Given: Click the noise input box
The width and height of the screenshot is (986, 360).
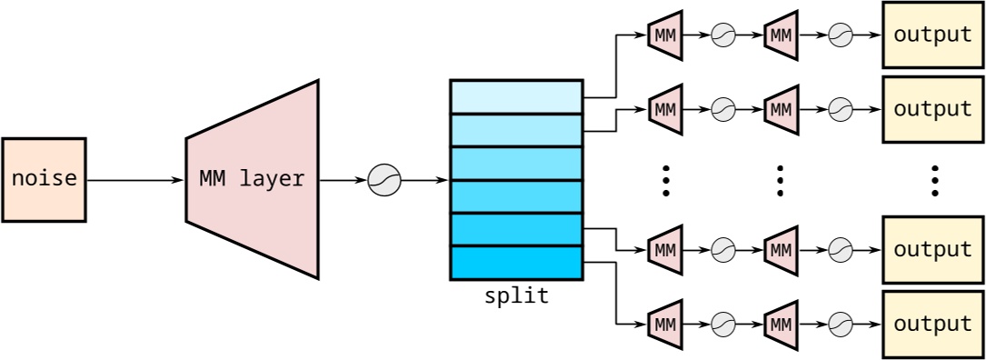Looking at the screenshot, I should [44, 180].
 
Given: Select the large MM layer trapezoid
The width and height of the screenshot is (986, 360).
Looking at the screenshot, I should [253, 180].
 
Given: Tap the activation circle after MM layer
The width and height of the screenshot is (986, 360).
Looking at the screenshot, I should [384, 180].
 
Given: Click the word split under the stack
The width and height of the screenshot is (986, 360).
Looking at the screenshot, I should [516, 296].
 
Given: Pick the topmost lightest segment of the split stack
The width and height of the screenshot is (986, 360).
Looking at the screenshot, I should [516, 97].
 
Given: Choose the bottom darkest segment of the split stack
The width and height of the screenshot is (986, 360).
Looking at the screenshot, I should [516, 263].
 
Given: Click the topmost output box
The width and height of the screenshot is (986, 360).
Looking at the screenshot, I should [933, 35].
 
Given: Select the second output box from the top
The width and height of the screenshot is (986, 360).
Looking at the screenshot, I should [933, 109].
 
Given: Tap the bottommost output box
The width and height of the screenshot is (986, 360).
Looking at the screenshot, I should [933, 324].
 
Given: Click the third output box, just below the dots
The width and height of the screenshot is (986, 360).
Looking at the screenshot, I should [933, 249].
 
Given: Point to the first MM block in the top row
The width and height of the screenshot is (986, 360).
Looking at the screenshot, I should [665, 35].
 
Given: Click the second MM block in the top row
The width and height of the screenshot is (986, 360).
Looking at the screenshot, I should [781, 35].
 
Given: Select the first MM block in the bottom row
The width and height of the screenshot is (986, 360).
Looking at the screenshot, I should [665, 324].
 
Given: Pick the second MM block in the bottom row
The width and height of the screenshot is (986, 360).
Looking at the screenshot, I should [781, 324].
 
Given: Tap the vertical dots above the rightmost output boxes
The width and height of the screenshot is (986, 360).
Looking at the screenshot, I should [934, 181].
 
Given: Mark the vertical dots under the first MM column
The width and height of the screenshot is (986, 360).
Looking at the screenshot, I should [665, 181].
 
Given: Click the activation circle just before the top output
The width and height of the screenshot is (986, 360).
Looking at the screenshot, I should [840, 35].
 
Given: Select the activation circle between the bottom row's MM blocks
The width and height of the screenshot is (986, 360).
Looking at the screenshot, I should [723, 324].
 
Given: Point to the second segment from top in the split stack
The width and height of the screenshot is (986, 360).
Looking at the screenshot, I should [516, 130].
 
